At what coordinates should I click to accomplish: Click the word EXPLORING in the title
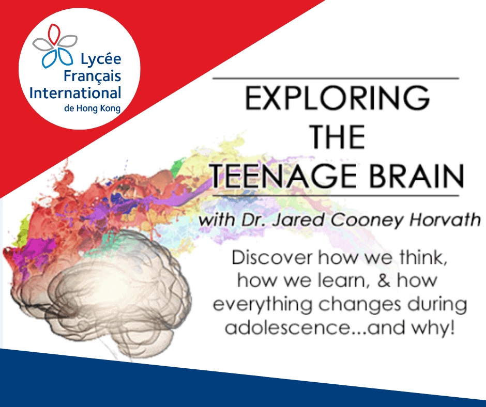tap(337, 99)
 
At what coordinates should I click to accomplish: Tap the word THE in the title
tap(337, 137)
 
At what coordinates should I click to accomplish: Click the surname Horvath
tap(446, 220)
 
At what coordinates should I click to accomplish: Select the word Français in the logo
tap(92, 76)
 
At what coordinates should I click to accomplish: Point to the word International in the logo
tap(75, 93)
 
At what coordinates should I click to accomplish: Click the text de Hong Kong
tap(92, 108)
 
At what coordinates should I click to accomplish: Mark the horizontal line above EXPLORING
tap(337, 78)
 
